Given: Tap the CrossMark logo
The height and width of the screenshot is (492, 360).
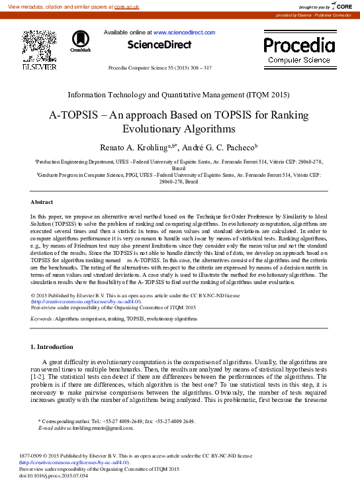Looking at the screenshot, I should click(80, 40).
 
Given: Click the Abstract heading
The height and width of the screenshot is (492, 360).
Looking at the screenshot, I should click(42, 201).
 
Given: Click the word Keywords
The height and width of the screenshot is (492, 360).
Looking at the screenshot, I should click(42, 319).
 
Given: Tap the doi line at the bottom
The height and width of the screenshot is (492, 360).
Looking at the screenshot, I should click(54, 475).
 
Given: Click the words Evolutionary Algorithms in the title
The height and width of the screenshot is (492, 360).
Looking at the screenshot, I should click(180, 128).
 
